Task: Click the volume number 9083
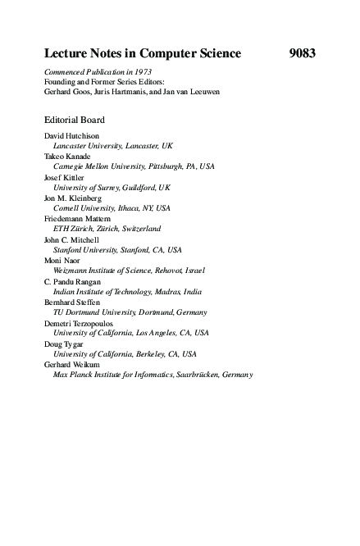pos(302,54)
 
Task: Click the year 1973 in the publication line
pos(140,72)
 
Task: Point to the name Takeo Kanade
pos(66,156)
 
